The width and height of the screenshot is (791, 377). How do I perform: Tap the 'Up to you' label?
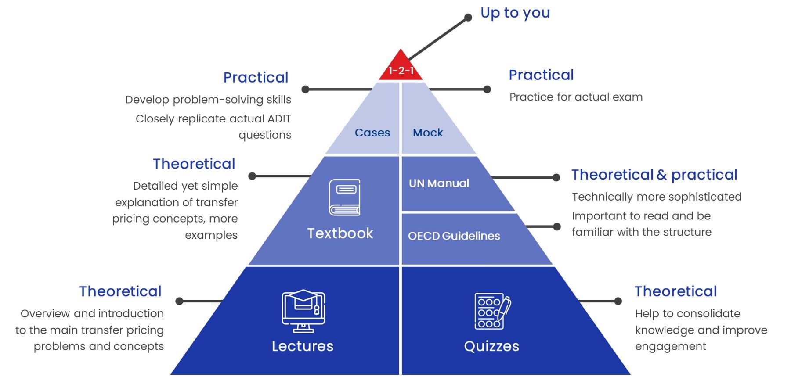tap(515, 13)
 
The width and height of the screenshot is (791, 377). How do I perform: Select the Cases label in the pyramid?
tap(372, 133)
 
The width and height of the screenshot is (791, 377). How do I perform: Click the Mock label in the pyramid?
tap(428, 133)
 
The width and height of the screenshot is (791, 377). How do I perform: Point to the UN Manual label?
tap(439, 183)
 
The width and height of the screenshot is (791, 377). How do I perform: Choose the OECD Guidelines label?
tap(454, 236)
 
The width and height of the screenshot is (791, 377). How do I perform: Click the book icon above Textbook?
tap(344, 197)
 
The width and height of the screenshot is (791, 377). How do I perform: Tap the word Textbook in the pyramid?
tap(340, 233)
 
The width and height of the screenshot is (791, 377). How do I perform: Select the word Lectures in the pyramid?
tap(302, 346)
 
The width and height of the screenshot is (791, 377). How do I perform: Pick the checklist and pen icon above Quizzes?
tap(492, 311)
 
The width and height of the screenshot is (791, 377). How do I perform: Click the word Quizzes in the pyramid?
tap(491, 346)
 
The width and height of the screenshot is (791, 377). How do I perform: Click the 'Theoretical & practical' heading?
tap(654, 175)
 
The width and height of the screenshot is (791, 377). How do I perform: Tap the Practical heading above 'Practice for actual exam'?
tap(541, 75)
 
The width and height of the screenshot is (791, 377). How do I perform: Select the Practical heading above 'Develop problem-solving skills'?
tap(256, 77)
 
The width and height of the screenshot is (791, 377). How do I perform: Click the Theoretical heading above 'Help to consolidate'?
tap(675, 291)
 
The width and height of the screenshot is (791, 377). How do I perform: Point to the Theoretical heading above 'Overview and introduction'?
tap(120, 291)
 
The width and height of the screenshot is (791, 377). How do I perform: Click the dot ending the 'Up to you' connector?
tap(468, 18)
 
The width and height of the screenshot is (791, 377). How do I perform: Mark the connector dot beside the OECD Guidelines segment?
tap(557, 226)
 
